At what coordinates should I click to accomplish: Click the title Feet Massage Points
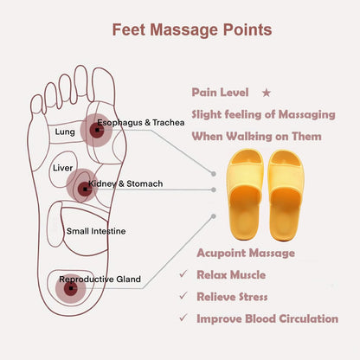(192, 29)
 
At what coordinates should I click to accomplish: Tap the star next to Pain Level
(267, 93)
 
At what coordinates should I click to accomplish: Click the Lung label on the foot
(65, 132)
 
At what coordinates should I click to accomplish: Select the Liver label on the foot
(62, 168)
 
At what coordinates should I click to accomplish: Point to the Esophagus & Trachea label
(141, 123)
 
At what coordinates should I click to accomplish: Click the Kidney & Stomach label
(125, 183)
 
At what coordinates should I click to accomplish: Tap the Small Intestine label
(96, 231)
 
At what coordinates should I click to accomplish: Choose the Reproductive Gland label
(100, 280)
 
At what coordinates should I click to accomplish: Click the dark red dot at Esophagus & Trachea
(97, 131)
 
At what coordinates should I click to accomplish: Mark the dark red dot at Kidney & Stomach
(85, 190)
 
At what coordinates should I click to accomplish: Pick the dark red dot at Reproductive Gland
(71, 288)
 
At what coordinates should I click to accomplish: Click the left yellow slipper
(245, 195)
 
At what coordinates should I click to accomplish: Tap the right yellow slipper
(286, 195)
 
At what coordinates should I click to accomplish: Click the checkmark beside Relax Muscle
(183, 274)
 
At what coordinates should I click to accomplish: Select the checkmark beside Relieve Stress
(183, 296)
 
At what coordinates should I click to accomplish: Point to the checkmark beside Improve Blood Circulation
(183, 318)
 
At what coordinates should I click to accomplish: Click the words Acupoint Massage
(246, 254)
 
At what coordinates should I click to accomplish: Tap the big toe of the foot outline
(104, 84)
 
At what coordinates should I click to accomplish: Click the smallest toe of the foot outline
(36, 105)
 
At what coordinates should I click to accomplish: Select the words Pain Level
(220, 93)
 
